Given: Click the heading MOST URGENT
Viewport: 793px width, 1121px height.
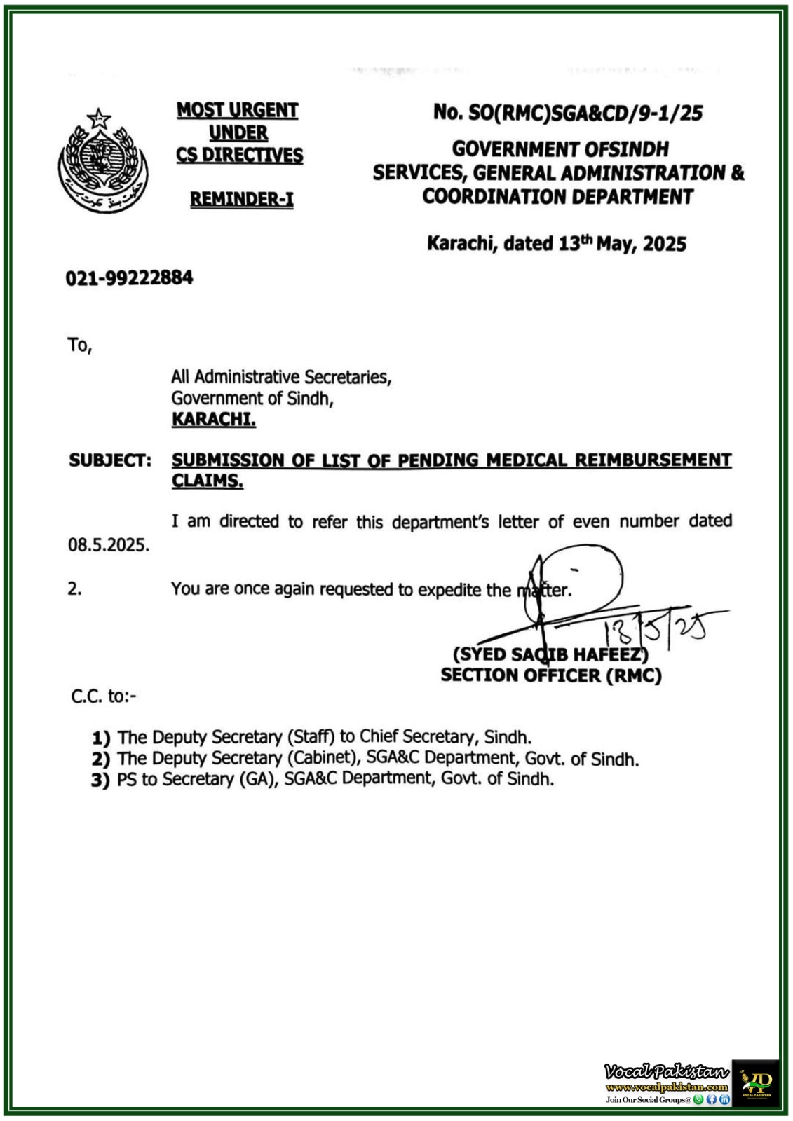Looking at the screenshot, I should pos(237,110).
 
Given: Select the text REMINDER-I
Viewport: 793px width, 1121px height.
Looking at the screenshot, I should pos(241,200).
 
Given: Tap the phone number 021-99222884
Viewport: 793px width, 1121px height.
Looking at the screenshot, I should pos(129,278).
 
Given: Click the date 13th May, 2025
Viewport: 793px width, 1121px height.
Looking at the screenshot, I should pos(622,244).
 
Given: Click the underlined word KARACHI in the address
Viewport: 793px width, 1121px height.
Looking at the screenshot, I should pos(213,420).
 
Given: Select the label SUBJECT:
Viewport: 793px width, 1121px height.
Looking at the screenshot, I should pos(109,460).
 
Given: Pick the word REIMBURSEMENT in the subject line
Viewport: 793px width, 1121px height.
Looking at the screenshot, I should pos(653,460).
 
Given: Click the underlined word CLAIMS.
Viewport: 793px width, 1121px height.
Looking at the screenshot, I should pos(207,481).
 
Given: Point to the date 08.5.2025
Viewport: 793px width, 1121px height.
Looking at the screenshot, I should pos(109,545).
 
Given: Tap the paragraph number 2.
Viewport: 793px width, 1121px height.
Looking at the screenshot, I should pos(74,589).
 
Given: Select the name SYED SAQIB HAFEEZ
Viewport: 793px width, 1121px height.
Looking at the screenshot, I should pos(551,654).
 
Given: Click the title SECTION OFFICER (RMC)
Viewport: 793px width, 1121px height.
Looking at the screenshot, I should pos(550,675).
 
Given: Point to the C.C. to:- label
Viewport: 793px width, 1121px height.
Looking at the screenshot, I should pos(104,696).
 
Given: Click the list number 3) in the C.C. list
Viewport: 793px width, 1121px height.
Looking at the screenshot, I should pos(100,780).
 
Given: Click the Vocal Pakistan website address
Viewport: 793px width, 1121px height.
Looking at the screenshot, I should pos(666,1087).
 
